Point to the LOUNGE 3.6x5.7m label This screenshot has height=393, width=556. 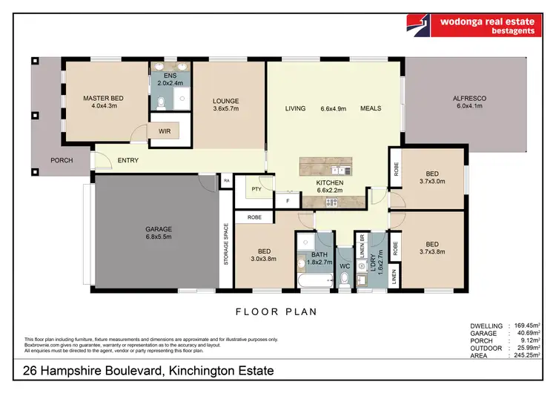point(225,105)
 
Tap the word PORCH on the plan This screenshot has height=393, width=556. point(61,160)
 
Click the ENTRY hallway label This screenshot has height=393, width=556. point(128,160)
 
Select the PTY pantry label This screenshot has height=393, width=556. point(257,189)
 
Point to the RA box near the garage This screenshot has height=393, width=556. point(225,179)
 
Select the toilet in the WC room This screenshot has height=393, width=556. point(343,279)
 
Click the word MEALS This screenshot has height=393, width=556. point(371,108)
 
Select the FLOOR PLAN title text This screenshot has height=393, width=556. point(277,312)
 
